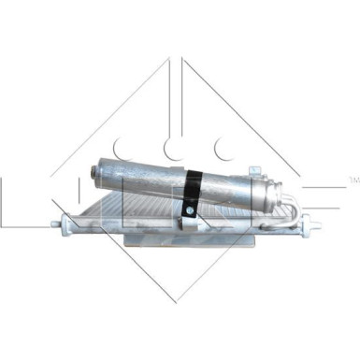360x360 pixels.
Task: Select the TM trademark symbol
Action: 352,178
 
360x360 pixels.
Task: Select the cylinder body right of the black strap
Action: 234,190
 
